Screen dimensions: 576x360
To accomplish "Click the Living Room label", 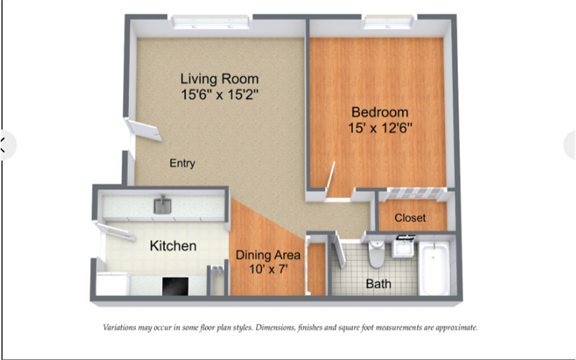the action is [220, 78].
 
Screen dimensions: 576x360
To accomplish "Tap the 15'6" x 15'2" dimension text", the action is [220, 95].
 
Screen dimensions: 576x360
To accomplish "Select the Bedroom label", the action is [380, 112].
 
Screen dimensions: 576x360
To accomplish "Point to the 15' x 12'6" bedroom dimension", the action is [380, 128].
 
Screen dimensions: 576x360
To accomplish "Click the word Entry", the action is [182, 163].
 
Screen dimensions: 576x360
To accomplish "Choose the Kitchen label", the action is [173, 246].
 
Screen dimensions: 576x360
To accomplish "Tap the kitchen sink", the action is [163, 205].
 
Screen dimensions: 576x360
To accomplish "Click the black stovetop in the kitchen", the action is [175, 286].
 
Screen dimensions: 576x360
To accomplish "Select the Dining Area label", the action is [268, 255].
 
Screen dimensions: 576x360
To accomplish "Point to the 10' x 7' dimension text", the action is [268, 269].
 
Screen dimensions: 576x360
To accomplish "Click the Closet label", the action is [410, 218].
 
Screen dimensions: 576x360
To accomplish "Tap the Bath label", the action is [379, 284].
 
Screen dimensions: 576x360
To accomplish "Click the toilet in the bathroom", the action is [377, 253].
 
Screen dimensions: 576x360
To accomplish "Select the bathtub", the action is [435, 268].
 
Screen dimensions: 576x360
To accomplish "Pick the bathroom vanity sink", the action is [403, 248].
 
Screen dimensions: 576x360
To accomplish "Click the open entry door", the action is [143, 130].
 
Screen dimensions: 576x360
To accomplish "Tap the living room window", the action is [210, 22].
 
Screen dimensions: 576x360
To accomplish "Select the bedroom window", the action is [388, 22].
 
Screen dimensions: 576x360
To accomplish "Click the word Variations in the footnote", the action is [120, 328].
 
